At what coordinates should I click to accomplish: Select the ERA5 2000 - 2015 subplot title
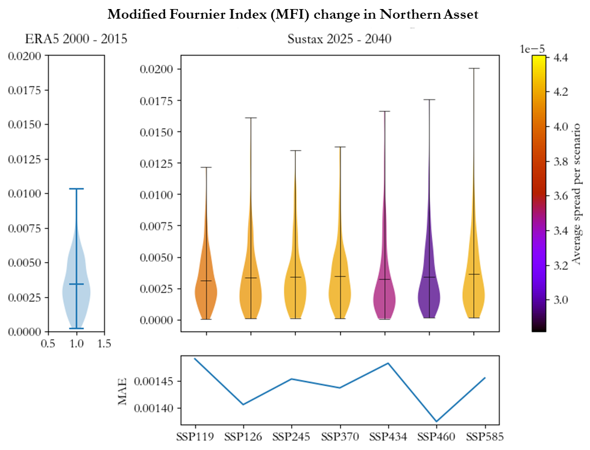pos(76,40)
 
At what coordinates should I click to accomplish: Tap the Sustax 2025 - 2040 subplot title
pos(339,40)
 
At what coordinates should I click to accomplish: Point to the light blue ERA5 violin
pos(77,289)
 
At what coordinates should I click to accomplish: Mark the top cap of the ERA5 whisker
pos(77,189)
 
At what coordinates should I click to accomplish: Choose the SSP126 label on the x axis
pos(243,436)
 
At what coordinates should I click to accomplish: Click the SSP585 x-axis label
pos(485,436)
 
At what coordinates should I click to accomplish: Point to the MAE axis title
pos(123,391)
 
